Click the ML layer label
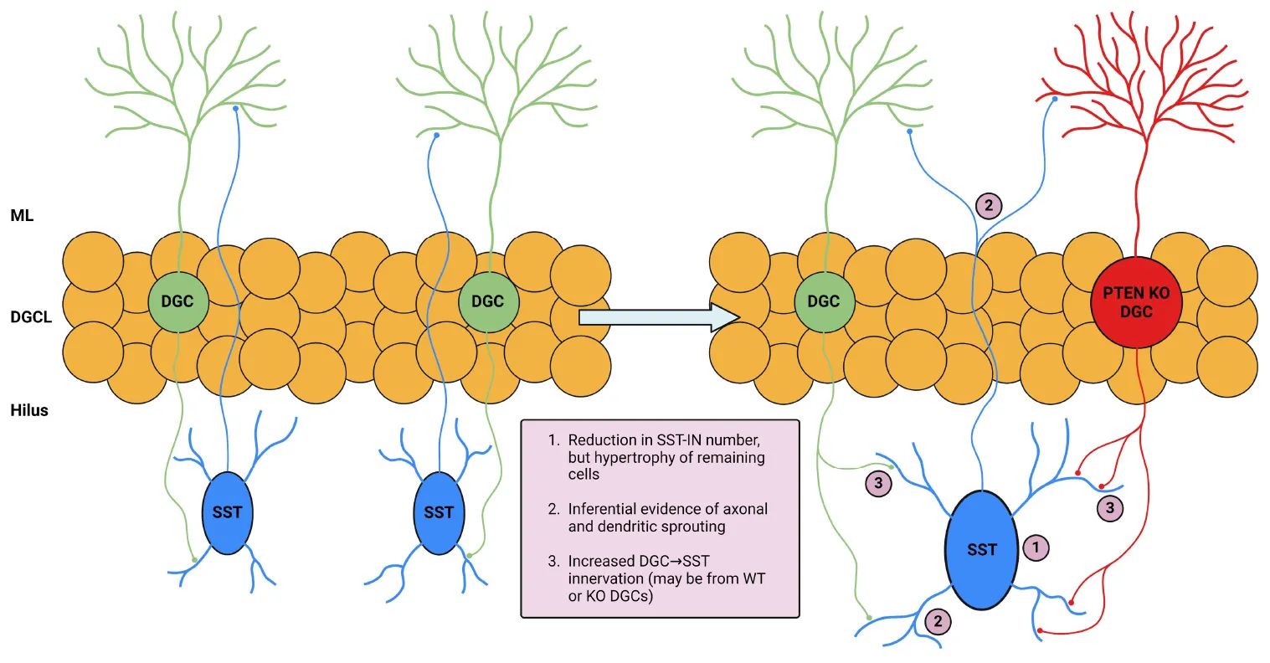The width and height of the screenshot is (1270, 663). (x=22, y=215)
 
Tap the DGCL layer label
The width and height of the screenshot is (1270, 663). (x=31, y=317)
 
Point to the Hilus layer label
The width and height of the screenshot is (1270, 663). (x=29, y=410)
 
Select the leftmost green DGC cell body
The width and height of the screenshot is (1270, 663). (x=177, y=301)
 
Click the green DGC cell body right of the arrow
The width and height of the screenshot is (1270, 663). (x=823, y=301)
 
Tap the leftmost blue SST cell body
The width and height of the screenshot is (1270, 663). (x=227, y=512)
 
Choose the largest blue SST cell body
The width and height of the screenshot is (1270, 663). (x=981, y=549)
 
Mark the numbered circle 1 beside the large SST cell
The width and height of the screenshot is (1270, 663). (x=1036, y=547)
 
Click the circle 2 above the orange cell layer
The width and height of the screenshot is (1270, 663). (x=988, y=205)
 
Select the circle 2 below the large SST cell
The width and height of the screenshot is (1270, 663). (x=938, y=621)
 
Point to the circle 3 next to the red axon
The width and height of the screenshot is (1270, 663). (x=1110, y=507)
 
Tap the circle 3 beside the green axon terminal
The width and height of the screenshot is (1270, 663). (x=877, y=483)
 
